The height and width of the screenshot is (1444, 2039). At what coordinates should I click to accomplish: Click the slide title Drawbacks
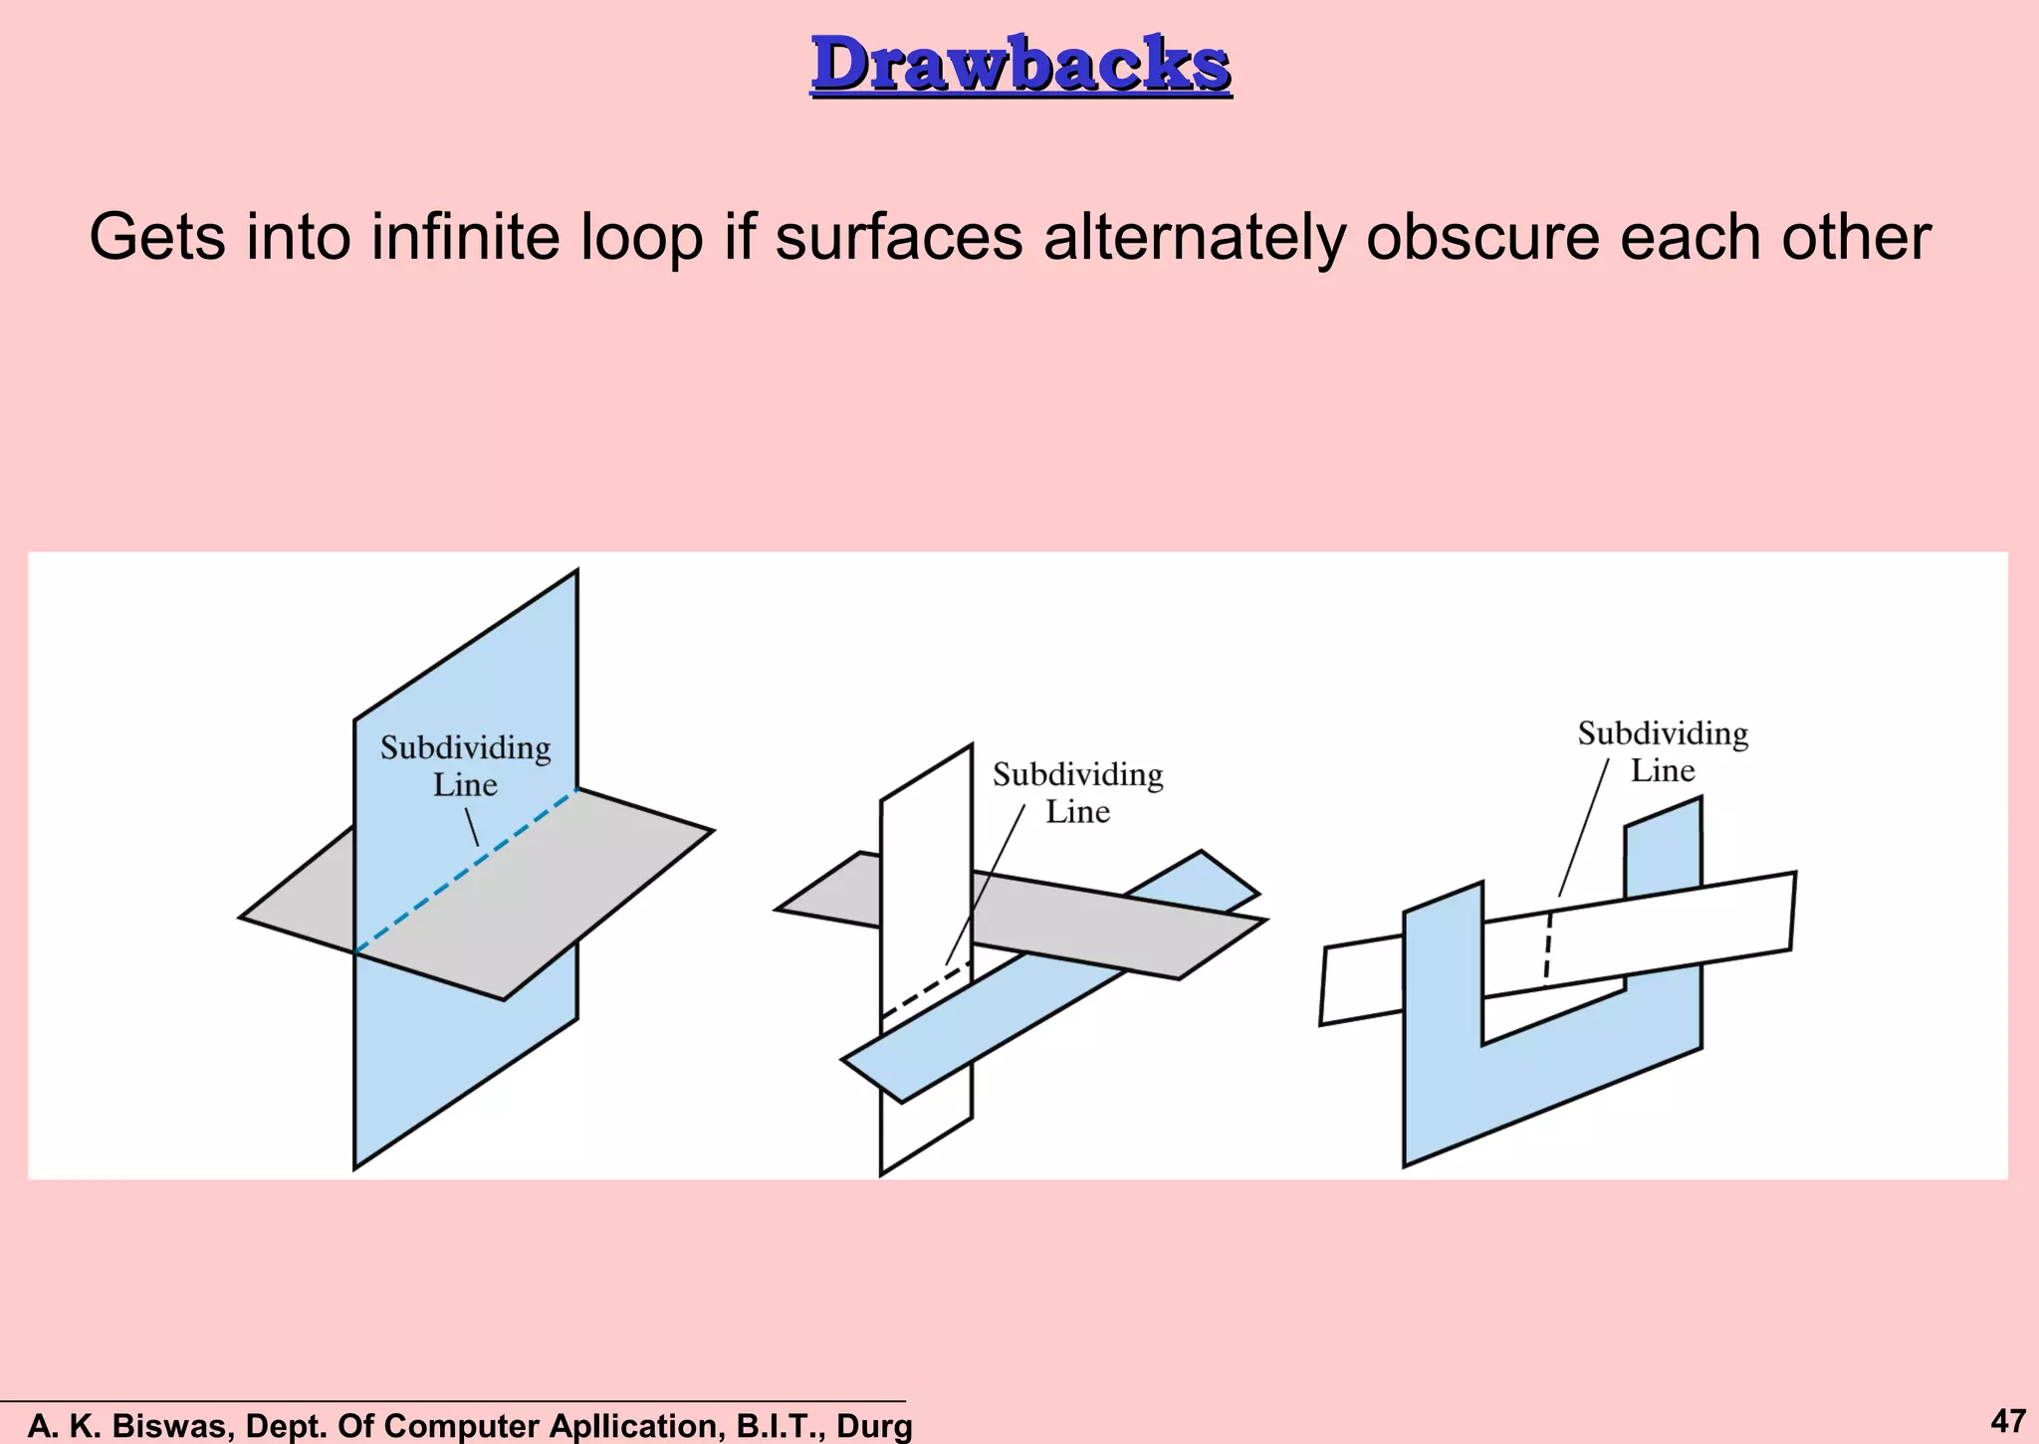tap(1020, 65)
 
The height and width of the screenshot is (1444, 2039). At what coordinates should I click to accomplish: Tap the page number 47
tap(2007, 1419)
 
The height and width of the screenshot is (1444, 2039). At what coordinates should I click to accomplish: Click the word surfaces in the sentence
tap(898, 238)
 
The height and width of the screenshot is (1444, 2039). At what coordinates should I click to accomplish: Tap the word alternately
tap(1195, 238)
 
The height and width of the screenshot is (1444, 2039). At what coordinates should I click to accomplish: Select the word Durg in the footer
tap(874, 1426)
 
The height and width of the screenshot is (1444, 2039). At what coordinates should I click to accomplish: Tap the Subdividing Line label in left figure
tap(465, 766)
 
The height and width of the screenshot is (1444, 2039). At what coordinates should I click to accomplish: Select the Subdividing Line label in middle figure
tap(1077, 793)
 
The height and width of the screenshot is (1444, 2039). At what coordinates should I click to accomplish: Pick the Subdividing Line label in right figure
tap(1663, 751)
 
